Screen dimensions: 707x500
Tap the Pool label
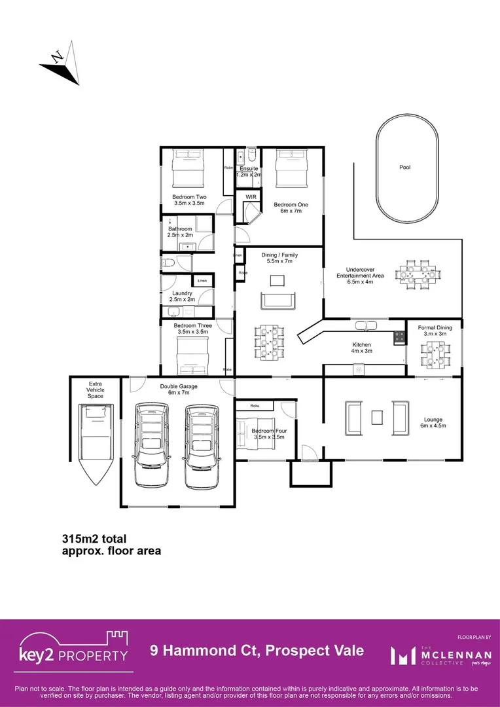click(x=405, y=168)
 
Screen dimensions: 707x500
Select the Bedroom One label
click(x=291, y=205)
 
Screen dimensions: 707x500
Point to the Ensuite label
click(x=248, y=169)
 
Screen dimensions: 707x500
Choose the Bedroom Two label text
click(x=189, y=197)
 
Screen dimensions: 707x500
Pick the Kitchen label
click(x=361, y=345)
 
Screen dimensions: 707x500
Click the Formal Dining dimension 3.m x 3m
click(x=435, y=334)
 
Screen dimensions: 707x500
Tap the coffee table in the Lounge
click(x=376, y=417)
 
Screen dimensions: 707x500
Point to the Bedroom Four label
click(x=268, y=431)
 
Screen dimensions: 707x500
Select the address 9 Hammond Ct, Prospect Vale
click(x=257, y=651)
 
